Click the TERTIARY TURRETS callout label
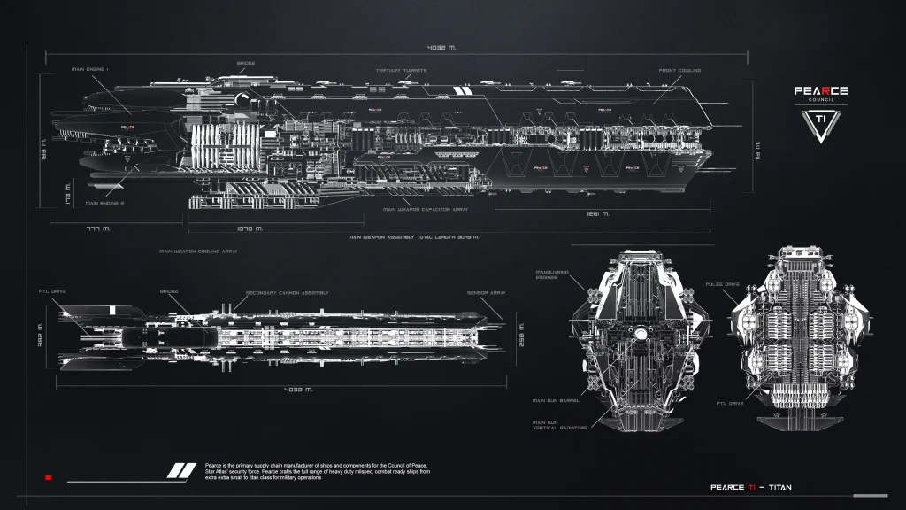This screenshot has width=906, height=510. (401, 70)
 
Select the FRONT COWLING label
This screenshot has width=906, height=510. (680, 70)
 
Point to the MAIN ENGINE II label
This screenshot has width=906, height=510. (109, 203)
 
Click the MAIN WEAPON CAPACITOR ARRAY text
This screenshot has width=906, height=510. (425, 210)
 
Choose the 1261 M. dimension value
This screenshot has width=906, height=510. (599, 213)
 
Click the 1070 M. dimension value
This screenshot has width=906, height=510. (250, 228)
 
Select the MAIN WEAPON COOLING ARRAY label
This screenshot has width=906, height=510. (198, 251)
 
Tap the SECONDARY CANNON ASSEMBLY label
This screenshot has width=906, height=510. (288, 292)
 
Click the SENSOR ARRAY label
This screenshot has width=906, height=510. (486, 292)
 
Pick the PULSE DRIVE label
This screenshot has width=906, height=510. (722, 284)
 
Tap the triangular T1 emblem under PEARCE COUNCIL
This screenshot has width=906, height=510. (819, 124)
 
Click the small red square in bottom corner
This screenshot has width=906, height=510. (49, 477)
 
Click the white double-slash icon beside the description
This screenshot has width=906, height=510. (182, 470)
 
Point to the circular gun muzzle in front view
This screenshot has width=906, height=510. (638, 334)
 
